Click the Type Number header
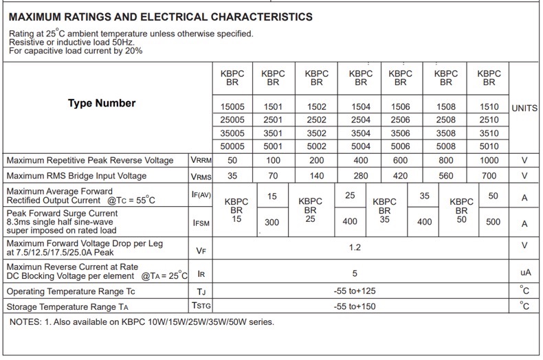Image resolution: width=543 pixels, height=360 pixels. [102, 104]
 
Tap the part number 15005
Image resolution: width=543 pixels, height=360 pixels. [232, 107]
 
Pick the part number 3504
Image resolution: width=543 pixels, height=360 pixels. [360, 133]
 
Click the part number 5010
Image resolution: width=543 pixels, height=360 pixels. [489, 146]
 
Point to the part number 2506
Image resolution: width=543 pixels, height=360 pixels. [401, 120]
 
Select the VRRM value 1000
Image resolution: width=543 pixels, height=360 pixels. [489, 160]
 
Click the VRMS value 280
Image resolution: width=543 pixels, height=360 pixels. [360, 176]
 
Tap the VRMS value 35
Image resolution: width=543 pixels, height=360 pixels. [232, 176]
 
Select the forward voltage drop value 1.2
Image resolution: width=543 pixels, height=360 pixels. [355, 247]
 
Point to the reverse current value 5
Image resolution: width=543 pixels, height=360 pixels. [355, 273]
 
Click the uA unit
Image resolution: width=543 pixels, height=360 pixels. [525, 273]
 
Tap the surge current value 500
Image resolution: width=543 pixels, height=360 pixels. [493, 223]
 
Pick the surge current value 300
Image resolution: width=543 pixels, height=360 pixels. [271, 223]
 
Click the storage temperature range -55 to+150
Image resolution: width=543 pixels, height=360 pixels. [355, 306]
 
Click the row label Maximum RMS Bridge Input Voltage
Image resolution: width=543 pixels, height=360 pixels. [76, 176]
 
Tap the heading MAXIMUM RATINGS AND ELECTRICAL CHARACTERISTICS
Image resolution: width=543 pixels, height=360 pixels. [161, 17]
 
